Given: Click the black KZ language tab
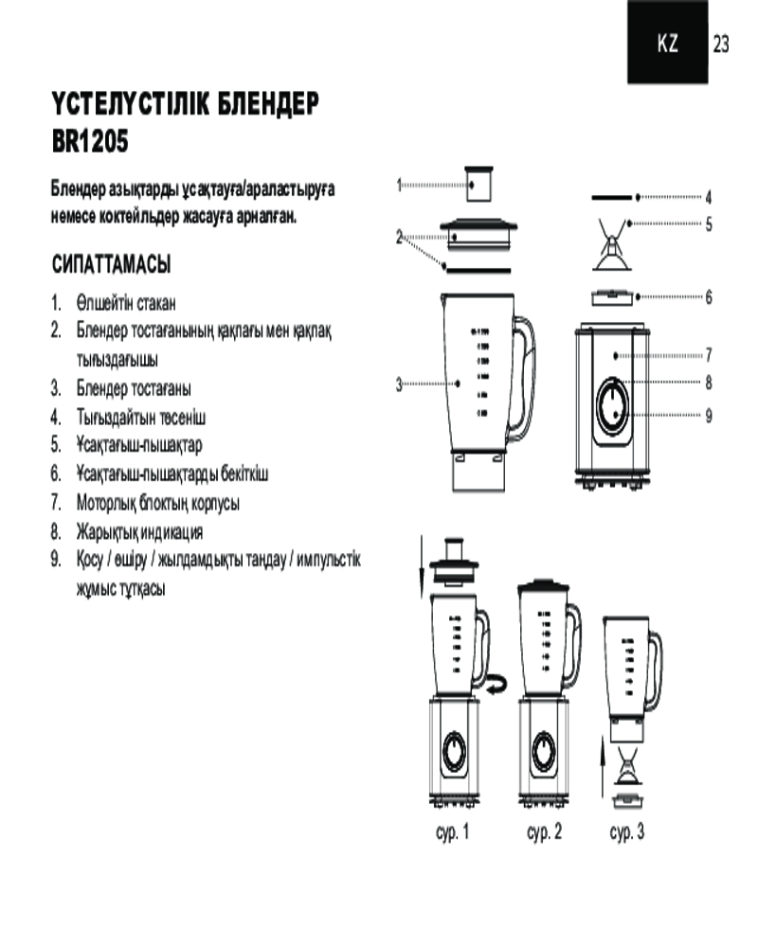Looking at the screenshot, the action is [x=667, y=42].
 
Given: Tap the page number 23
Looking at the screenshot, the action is [x=720, y=44].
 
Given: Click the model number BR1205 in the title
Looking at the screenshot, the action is [x=90, y=142].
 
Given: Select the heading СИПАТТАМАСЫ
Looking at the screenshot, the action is [x=111, y=264].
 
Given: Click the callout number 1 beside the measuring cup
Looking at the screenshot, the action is [x=399, y=185].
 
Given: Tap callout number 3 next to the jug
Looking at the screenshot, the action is [x=399, y=384].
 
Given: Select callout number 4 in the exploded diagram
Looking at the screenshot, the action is [x=709, y=197].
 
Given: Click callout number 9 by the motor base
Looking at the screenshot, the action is [x=709, y=416].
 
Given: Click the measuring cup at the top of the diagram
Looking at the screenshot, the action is [x=478, y=185].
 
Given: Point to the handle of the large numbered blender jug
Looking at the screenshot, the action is [x=522, y=379].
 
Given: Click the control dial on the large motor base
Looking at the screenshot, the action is [x=612, y=404].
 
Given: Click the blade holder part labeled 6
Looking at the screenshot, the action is [x=612, y=297].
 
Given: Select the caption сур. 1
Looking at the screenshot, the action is [x=452, y=831].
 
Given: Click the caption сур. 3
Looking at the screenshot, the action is [x=627, y=831].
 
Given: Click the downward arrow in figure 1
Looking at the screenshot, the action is [x=422, y=566].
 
